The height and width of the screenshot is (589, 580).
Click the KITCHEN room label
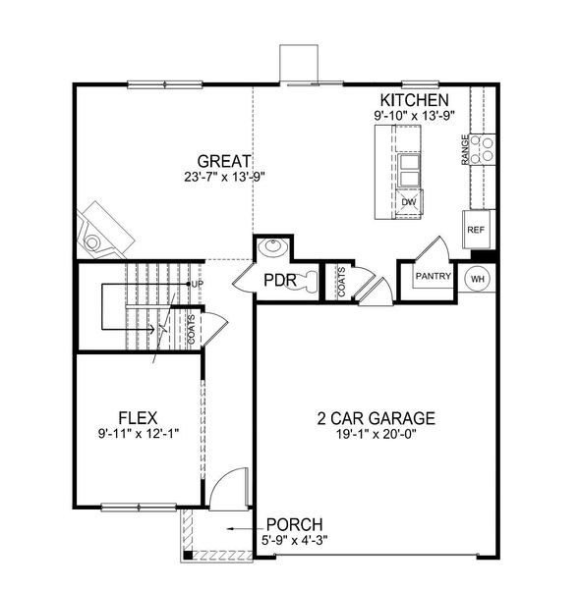[x=415, y=100]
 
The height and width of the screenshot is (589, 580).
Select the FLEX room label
[x=139, y=416]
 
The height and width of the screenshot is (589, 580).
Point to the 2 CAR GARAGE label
[x=377, y=417]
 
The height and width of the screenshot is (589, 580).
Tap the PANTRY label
[x=432, y=277]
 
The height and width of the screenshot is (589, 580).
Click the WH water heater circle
[x=478, y=278]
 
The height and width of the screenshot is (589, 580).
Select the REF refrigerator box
[x=476, y=230]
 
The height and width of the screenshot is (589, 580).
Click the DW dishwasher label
[x=408, y=202]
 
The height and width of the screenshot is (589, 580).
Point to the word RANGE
[x=465, y=149]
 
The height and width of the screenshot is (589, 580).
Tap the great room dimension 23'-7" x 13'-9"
[x=224, y=178]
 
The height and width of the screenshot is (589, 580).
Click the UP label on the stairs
[x=197, y=284]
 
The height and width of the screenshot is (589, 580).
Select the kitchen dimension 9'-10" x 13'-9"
[x=415, y=116]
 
